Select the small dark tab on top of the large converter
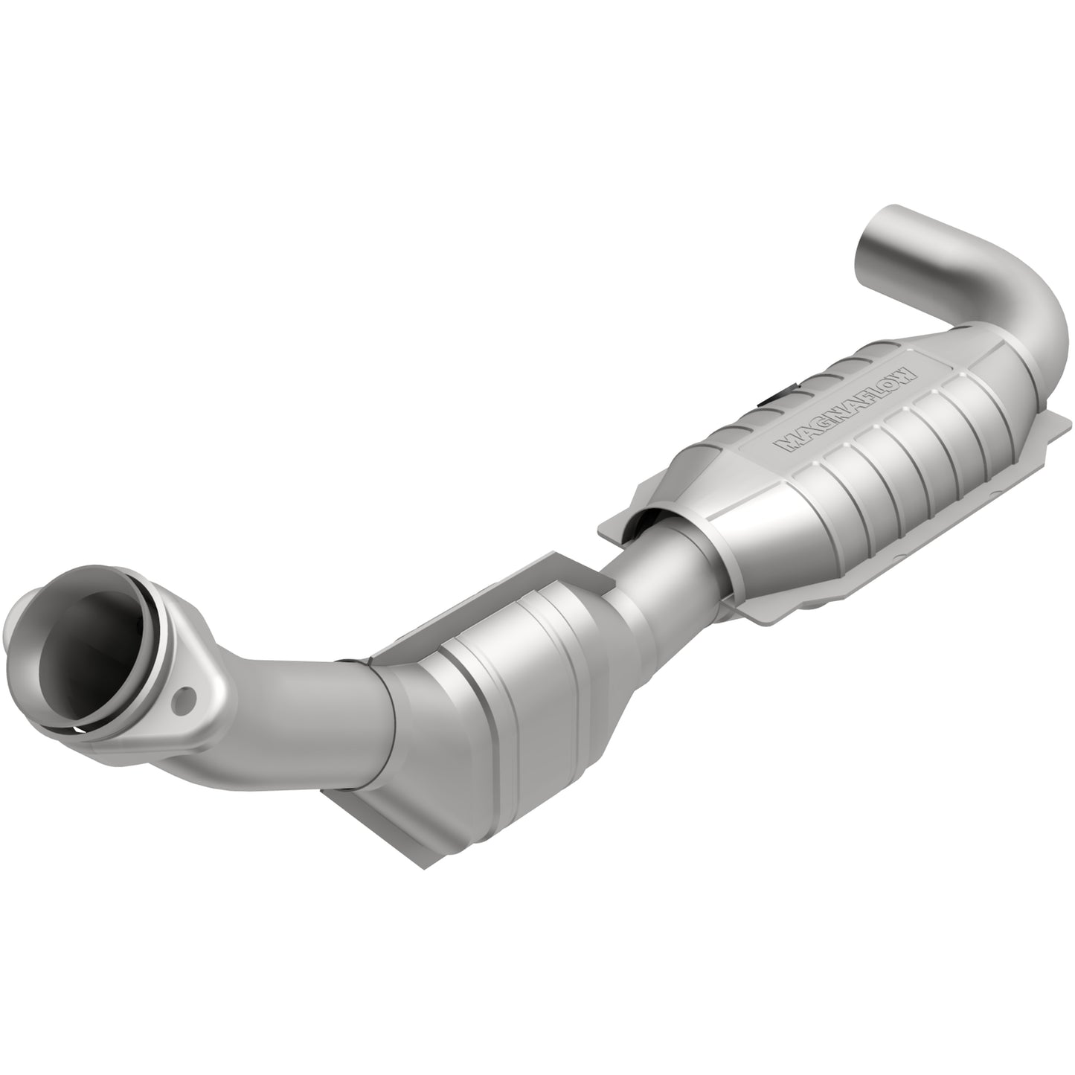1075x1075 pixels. point(774,399)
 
